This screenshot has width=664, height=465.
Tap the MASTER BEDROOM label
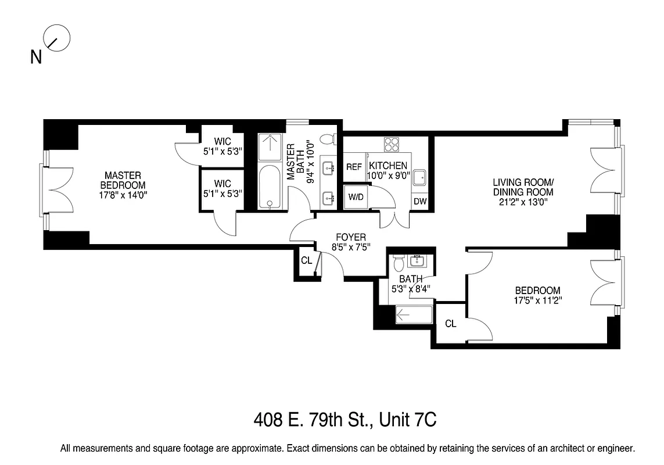(123, 180)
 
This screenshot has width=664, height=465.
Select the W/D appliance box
(356, 197)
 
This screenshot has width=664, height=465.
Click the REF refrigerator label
(354, 167)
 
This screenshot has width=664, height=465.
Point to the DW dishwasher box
(419, 202)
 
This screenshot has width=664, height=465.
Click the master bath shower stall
(268, 148)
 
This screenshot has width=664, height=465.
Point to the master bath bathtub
(268, 186)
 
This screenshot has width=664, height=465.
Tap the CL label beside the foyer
(306, 260)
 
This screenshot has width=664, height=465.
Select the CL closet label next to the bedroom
(450, 324)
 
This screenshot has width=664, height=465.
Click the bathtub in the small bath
(413, 316)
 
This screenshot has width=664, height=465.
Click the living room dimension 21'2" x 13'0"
(522, 202)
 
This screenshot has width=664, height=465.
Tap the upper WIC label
(222, 141)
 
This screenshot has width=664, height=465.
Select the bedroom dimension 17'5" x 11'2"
(537, 301)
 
